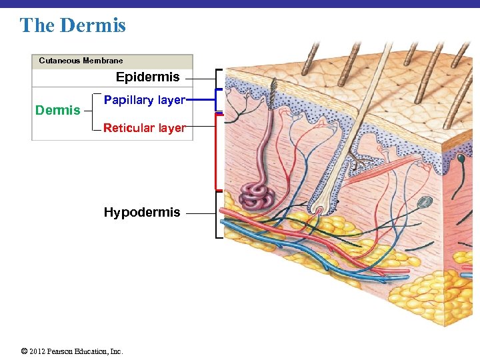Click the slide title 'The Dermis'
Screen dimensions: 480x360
tap(73, 25)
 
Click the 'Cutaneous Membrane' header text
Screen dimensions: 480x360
tap(81, 61)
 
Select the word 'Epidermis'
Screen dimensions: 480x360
tap(147, 77)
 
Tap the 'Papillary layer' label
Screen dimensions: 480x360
tap(144, 100)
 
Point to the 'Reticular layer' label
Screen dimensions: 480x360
tap(143, 128)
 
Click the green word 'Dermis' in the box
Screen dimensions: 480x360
tap(57, 111)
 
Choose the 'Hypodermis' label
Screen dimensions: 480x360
tap(141, 213)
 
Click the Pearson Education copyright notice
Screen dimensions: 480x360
tap(72, 351)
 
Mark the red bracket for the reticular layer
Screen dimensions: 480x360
tap(216, 151)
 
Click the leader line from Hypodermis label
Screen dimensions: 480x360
tap(200, 213)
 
